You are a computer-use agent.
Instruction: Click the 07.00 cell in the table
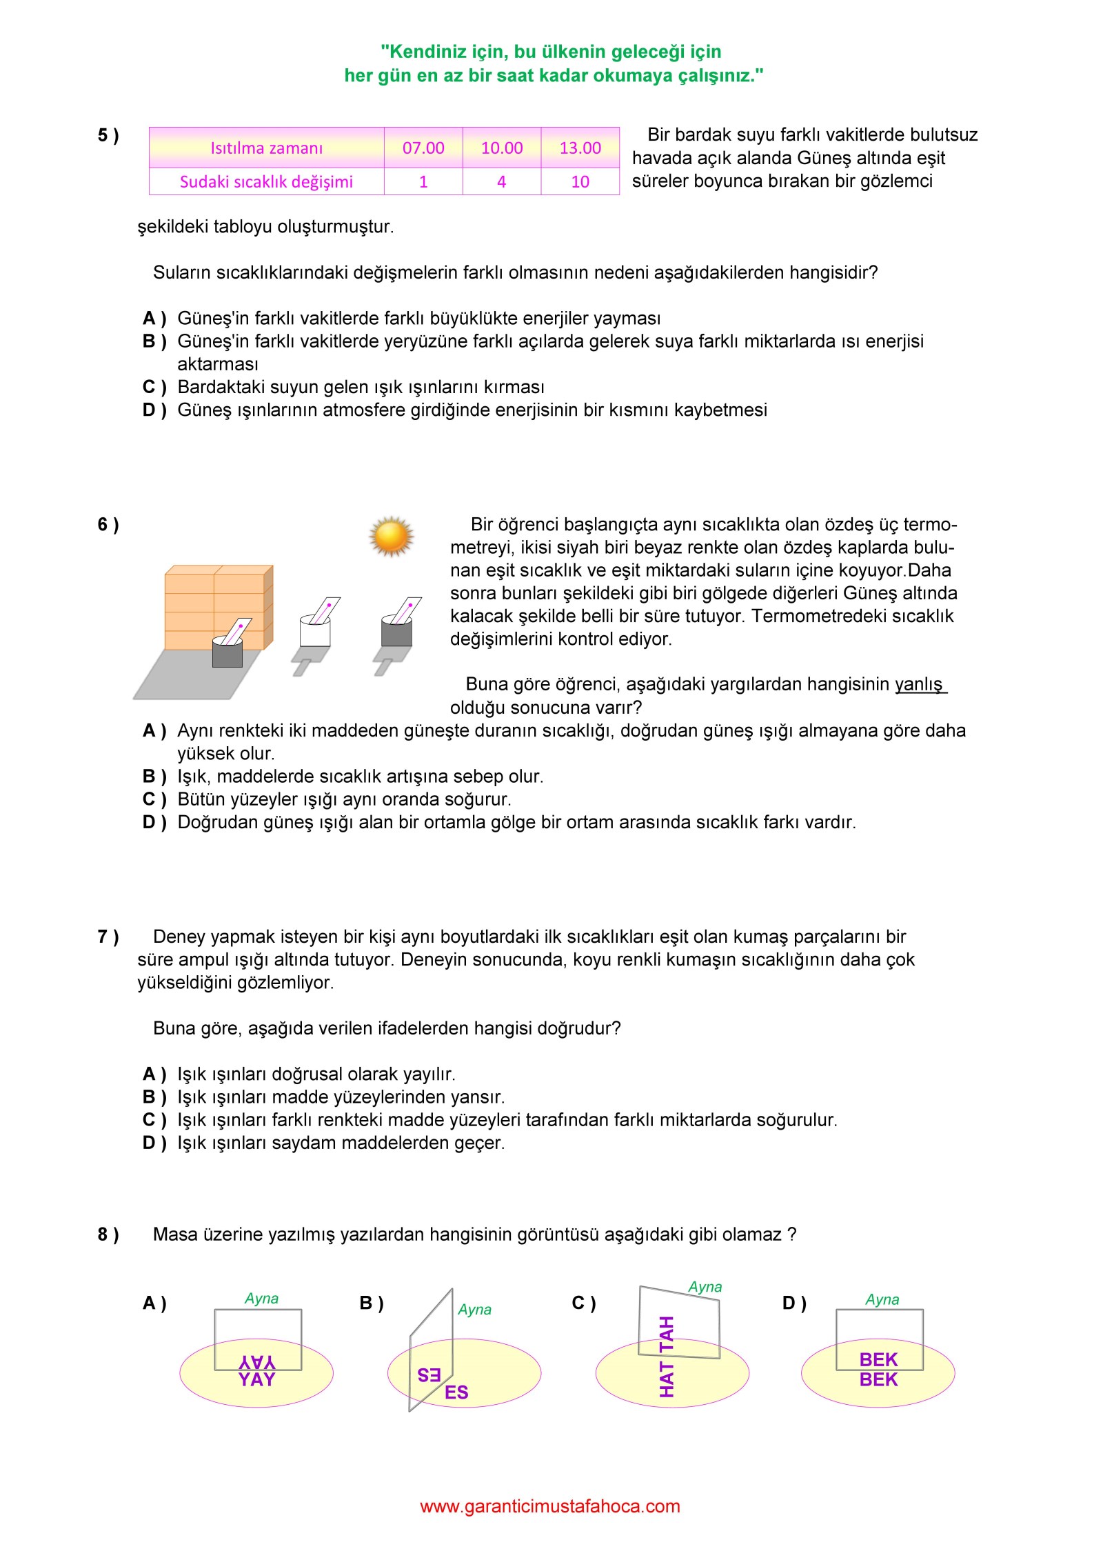(423, 148)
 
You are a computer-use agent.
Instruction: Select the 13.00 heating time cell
(580, 148)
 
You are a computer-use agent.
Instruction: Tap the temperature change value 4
(501, 181)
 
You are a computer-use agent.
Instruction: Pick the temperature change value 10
(580, 181)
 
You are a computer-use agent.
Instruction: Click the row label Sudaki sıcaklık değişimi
(266, 181)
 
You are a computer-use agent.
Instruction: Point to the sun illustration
(392, 537)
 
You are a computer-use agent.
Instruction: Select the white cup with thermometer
(315, 630)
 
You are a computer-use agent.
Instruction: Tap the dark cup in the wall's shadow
(227, 652)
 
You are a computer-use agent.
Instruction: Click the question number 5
(108, 135)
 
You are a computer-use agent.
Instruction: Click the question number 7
(108, 937)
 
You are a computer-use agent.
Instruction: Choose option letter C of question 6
(154, 799)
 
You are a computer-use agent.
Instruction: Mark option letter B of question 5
(154, 341)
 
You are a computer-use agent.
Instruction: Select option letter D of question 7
(154, 1143)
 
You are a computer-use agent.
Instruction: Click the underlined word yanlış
(919, 684)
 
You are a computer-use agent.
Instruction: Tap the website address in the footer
(550, 1506)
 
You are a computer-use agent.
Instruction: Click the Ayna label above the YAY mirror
(261, 1299)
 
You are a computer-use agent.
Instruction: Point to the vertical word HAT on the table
(667, 1379)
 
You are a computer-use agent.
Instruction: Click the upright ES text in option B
(456, 1392)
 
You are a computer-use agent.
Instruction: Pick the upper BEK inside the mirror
(878, 1359)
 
